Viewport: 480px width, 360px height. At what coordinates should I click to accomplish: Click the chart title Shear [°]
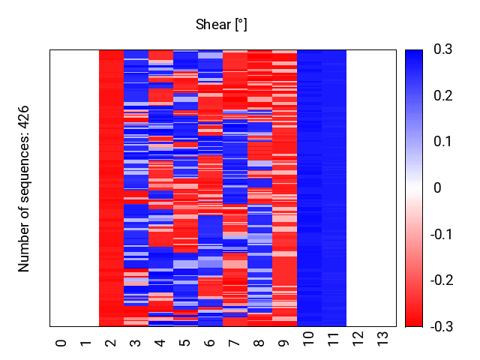(x=221, y=25)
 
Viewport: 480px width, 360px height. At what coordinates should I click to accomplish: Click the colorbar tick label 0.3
(x=443, y=49)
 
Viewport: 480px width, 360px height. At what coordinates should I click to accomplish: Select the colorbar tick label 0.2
(x=443, y=96)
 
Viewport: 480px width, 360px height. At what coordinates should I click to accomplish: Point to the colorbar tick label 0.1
(x=443, y=142)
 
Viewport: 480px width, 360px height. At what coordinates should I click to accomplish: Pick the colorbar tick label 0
(x=438, y=188)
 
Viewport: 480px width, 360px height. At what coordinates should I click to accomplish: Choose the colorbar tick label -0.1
(x=445, y=235)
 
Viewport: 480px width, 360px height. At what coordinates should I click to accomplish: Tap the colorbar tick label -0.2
(x=445, y=280)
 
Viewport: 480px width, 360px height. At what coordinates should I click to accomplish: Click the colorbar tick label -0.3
(x=445, y=327)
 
